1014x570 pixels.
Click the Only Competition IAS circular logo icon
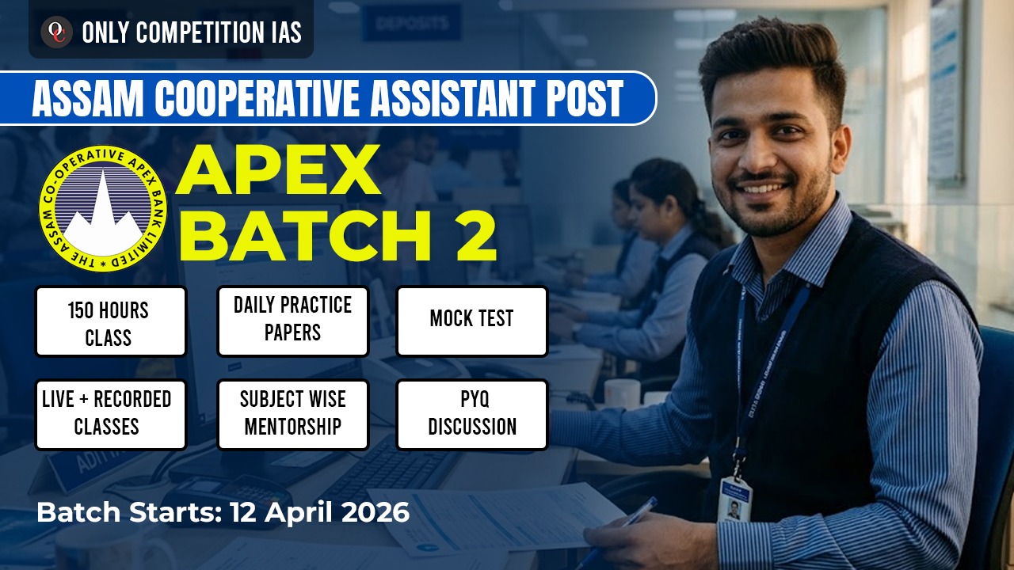click(57, 32)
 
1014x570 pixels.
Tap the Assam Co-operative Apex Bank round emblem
click(103, 208)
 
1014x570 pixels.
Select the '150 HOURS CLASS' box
click(111, 321)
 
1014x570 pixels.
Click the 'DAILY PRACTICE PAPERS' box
click(292, 320)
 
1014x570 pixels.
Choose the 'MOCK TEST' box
click(471, 320)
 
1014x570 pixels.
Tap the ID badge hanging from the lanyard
click(734, 499)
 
